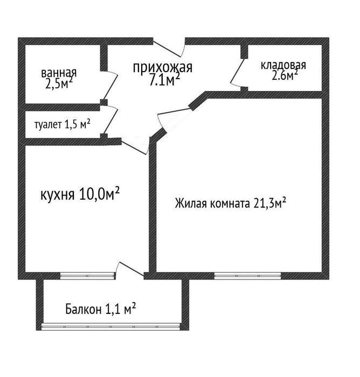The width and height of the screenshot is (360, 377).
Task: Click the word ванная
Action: [x=59, y=73]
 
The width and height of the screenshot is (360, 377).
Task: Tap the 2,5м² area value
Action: [x=59, y=83]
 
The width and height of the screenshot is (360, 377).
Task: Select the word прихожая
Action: [x=163, y=68]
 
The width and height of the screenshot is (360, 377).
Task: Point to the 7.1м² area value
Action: [x=164, y=80]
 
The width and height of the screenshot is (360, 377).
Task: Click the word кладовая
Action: [x=283, y=65]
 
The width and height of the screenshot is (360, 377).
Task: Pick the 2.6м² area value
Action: [x=285, y=75]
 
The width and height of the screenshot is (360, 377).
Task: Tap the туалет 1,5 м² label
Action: [x=63, y=124]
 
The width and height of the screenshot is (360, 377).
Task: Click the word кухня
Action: [x=57, y=195]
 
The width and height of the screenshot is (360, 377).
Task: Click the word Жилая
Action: [x=191, y=204]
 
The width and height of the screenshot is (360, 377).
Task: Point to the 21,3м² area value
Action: [x=269, y=203]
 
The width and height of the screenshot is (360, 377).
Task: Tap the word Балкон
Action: [x=83, y=309]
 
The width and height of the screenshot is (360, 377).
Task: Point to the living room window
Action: [x=247, y=276]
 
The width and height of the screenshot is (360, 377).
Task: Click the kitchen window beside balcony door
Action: [x=88, y=276]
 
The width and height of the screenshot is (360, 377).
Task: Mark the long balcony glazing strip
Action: [x=110, y=326]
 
